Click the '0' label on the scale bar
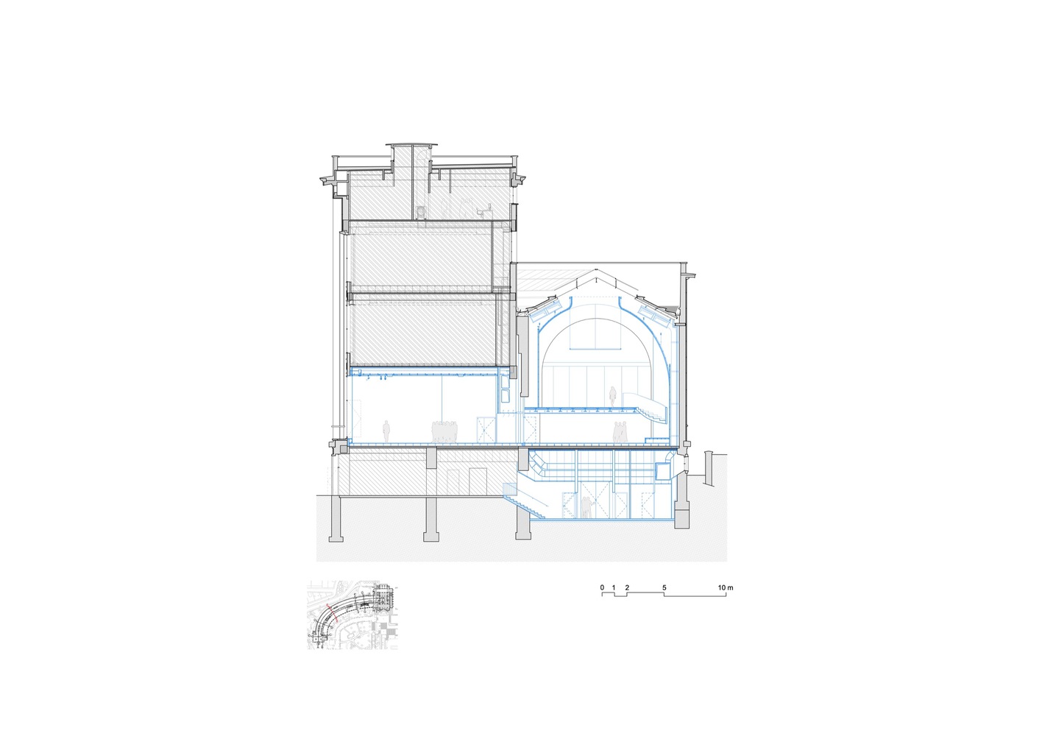point(602,587)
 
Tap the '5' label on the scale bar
point(664,587)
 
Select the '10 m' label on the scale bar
point(726,587)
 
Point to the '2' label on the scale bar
point(627,587)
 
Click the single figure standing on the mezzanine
point(613,395)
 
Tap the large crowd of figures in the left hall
point(445,432)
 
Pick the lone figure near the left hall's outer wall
point(386,432)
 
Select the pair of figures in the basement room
point(587,507)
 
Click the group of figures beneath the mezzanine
point(620,433)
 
